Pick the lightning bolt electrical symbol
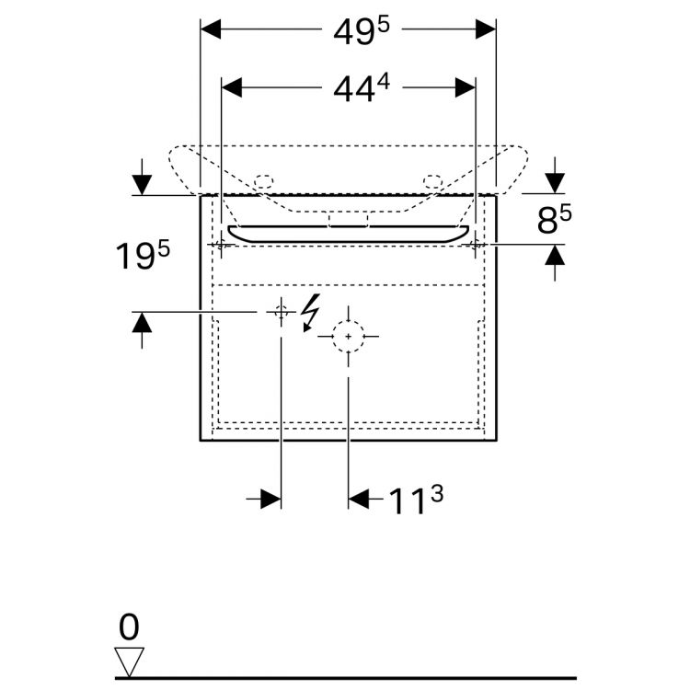pyautogui.click(x=311, y=313)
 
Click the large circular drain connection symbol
pyautogui.click(x=348, y=337)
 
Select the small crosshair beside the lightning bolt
pyautogui.click(x=280, y=313)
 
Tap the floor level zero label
pyautogui.click(x=129, y=627)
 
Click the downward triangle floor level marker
pyautogui.click(x=129, y=660)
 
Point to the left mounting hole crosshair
pyautogui.click(x=221, y=245)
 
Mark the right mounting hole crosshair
pyautogui.click(x=476, y=245)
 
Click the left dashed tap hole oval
pyautogui.click(x=263, y=180)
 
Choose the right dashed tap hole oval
pyautogui.click(x=433, y=180)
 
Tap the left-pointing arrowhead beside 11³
pyautogui.click(x=359, y=499)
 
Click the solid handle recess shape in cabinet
pyautogui.click(x=349, y=233)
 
